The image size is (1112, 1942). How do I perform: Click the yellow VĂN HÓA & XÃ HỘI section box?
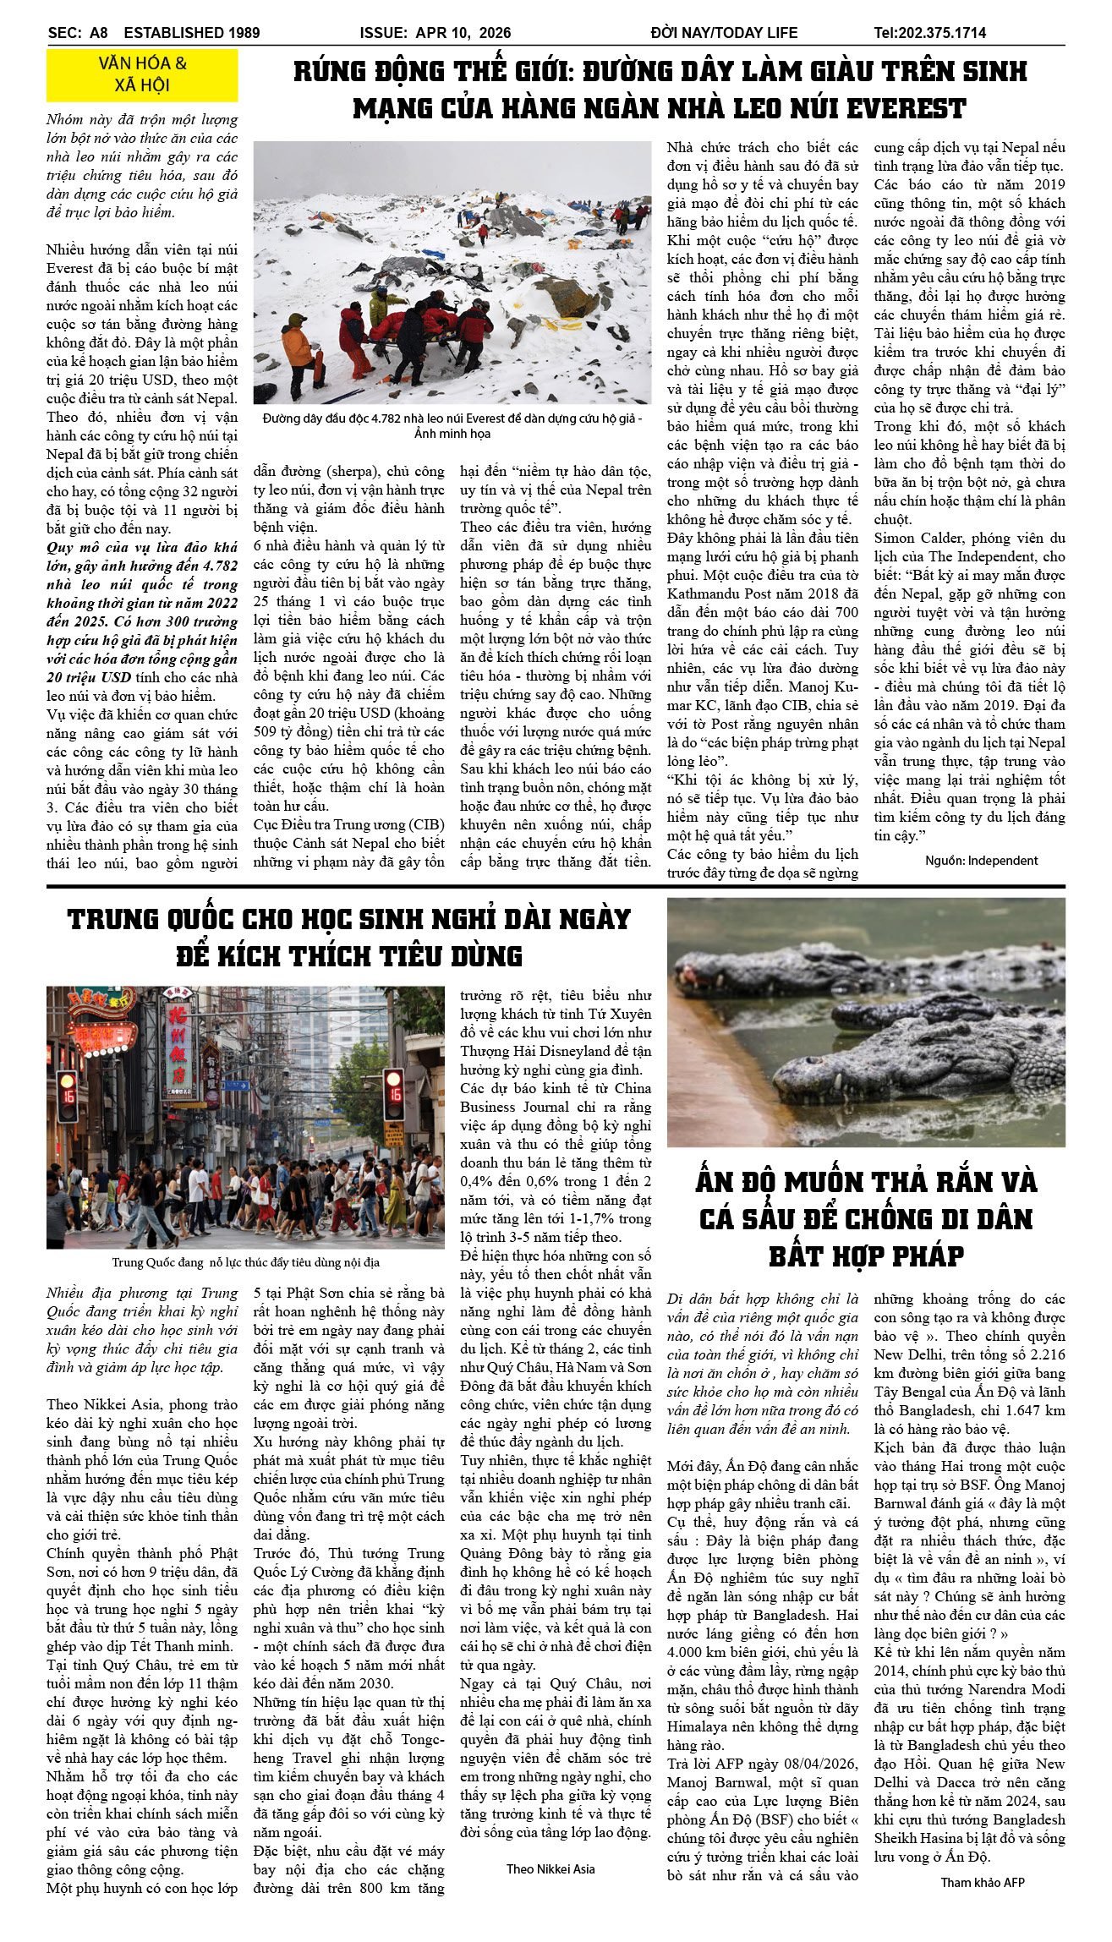tap(142, 74)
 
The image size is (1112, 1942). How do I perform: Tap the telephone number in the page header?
tap(929, 33)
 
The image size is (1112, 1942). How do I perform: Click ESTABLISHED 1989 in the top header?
tap(192, 33)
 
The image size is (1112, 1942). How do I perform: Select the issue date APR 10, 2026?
tap(463, 33)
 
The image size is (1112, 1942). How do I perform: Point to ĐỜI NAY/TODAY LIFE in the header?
tap(724, 33)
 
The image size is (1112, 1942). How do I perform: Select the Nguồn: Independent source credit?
tap(981, 861)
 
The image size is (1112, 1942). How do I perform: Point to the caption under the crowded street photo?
tap(245, 1262)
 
